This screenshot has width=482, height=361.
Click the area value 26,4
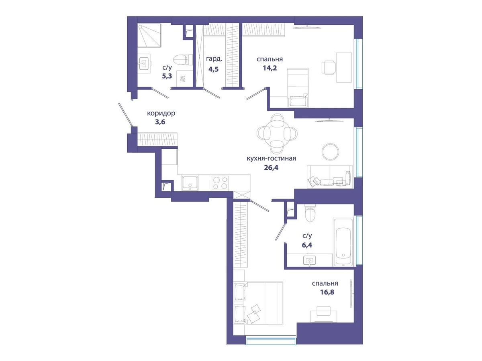click(271, 168)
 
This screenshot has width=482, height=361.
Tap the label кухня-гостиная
click(271, 158)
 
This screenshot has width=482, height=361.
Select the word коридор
click(161, 114)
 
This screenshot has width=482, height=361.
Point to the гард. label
click(214, 59)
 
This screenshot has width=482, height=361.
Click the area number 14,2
click(270, 68)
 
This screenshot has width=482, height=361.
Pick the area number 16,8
click(327, 292)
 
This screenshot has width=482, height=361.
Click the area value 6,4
click(307, 245)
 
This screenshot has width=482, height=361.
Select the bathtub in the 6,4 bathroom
click(343, 242)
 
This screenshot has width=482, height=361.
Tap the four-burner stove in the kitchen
click(220, 183)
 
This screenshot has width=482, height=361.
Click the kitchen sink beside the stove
click(190, 183)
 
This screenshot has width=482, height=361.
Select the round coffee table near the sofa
click(330, 152)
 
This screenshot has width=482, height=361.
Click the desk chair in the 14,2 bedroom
click(329, 67)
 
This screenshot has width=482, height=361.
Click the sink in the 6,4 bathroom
click(310, 260)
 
